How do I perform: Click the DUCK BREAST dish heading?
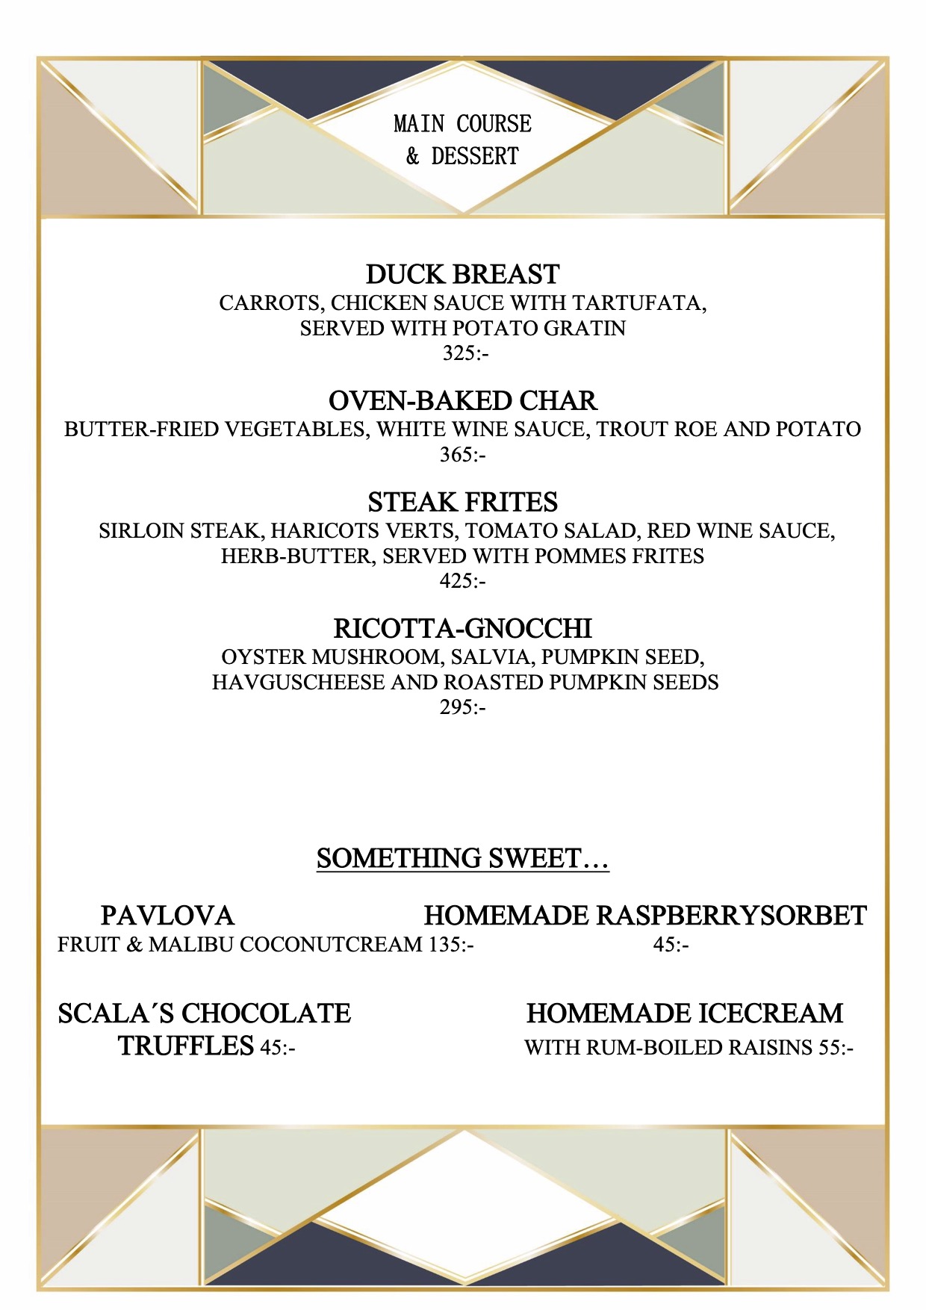(x=462, y=274)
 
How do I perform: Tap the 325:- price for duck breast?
(x=465, y=353)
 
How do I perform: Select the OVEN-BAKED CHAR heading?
(x=462, y=401)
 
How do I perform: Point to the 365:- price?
(x=462, y=454)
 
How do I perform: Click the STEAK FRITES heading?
(x=462, y=502)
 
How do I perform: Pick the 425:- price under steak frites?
(x=462, y=580)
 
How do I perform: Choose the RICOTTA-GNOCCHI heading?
(x=462, y=628)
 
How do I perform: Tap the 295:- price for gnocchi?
(x=462, y=707)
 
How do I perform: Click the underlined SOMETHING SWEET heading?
(x=462, y=858)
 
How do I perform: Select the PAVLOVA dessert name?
(x=167, y=916)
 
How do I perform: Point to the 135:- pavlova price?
(x=451, y=945)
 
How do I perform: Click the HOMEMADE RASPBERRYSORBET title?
(x=645, y=916)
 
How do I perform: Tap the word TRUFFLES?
(x=186, y=1046)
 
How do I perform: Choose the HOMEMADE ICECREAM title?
(x=685, y=1013)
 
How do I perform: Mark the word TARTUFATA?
(x=639, y=303)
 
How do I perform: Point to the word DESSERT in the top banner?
(x=475, y=156)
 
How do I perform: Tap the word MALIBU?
(x=191, y=945)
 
